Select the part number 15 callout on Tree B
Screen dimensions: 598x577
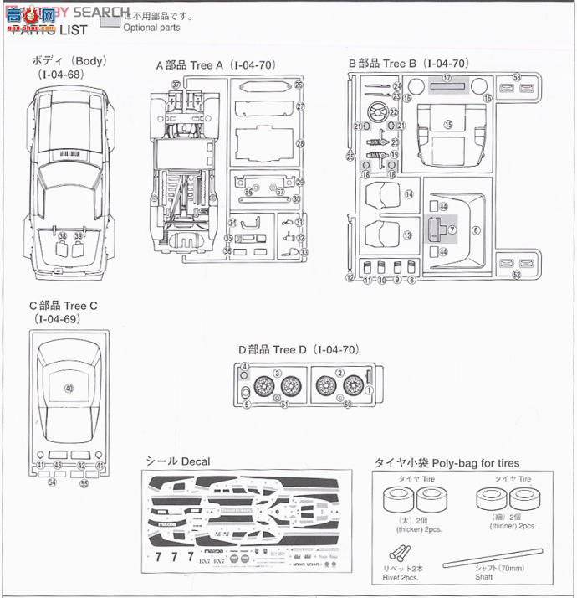[x=447, y=124]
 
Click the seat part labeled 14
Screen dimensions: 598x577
[x=385, y=194]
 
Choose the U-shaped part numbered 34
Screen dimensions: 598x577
[x=248, y=223]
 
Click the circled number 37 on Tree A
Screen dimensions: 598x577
[x=176, y=85]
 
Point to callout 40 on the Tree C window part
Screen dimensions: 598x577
[x=69, y=389]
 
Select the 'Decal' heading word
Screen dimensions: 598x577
[x=195, y=461]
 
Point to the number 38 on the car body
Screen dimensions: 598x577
[x=63, y=236]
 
